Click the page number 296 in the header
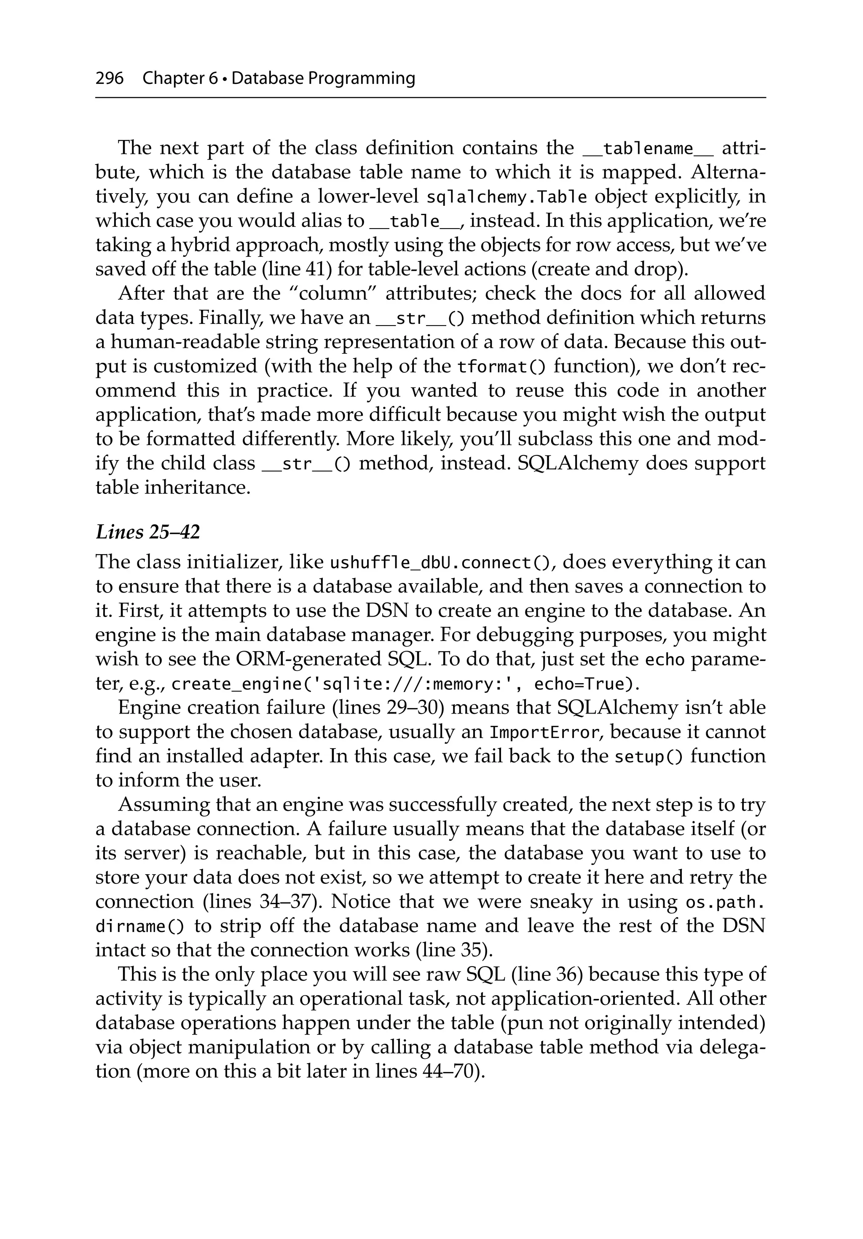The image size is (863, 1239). tap(109, 79)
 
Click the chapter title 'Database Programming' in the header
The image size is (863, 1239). tap(323, 79)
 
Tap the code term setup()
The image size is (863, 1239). tap(649, 757)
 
